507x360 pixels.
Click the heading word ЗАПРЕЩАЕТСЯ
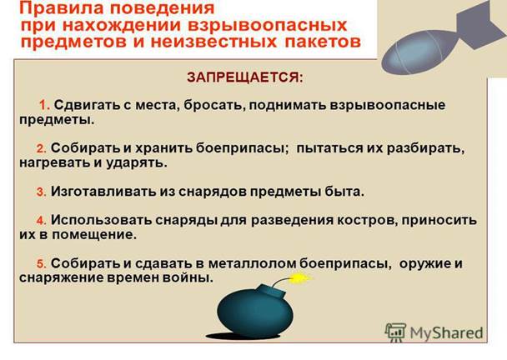tap(245, 77)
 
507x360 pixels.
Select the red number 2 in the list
tap(42, 148)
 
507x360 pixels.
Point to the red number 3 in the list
tap(42, 192)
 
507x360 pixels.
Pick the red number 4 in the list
tap(42, 221)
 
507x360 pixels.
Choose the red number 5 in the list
tap(42, 264)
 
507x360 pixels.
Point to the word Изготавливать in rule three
tap(103, 192)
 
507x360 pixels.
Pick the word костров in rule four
tap(368, 220)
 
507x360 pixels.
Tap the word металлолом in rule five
tap(252, 263)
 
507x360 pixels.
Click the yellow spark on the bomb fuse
tap(300, 278)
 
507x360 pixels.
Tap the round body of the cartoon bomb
tap(255, 314)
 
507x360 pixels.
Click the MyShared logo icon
tap(395, 332)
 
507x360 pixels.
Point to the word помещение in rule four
tap(94, 235)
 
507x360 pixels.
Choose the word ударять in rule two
tap(137, 162)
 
